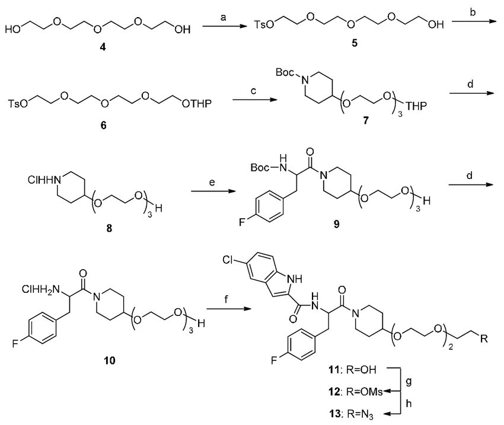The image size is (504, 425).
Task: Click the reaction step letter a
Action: (224, 18)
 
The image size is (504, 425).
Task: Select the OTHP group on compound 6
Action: (195, 105)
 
